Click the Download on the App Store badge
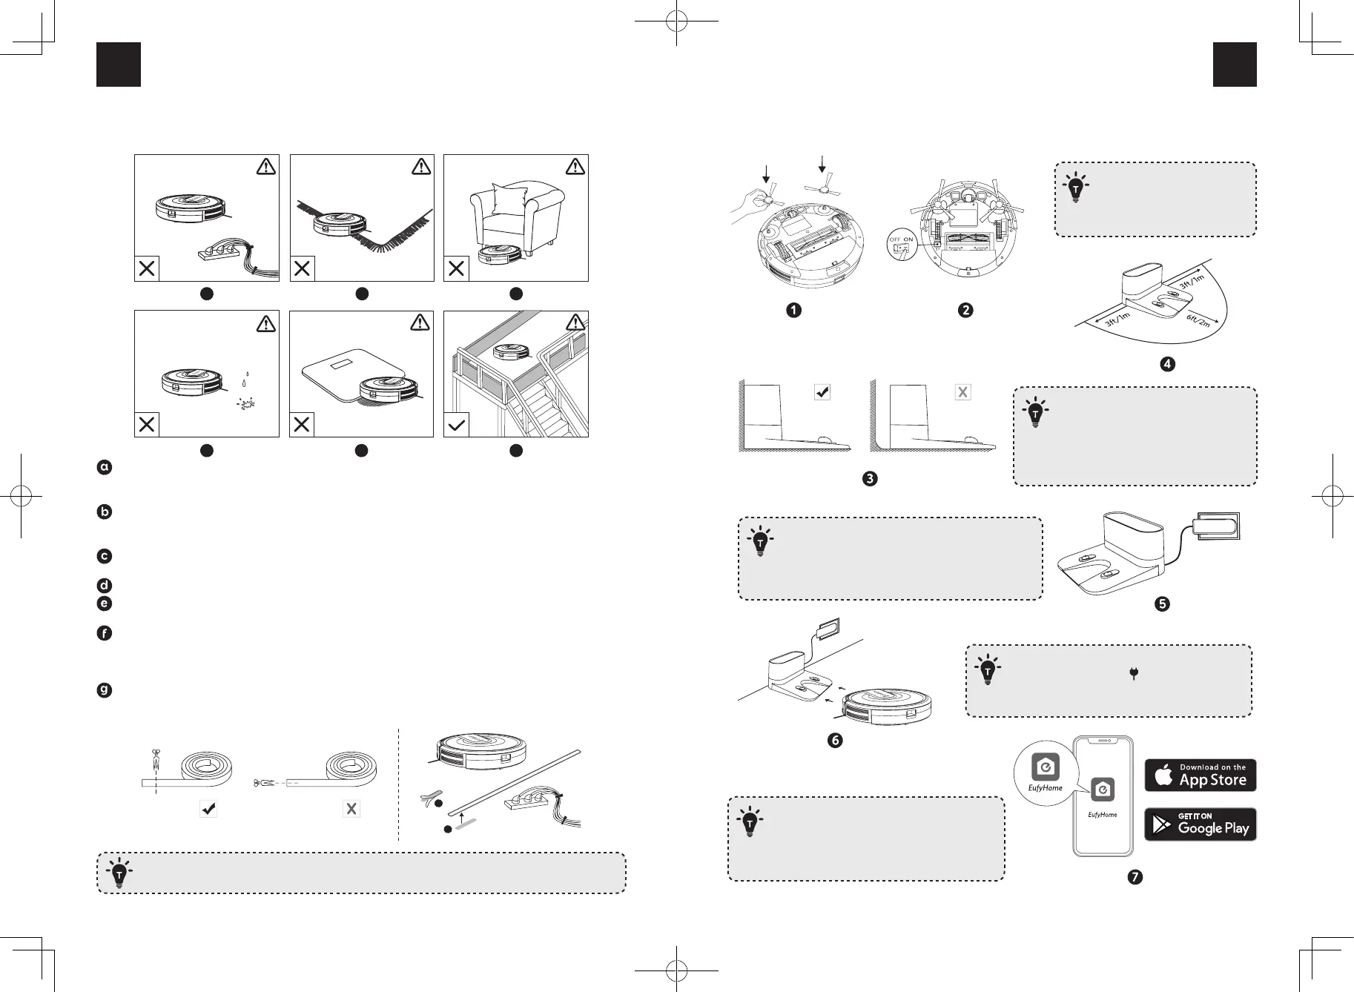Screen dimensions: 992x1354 [x=1200, y=775]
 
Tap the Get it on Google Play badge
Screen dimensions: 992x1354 [x=1200, y=824]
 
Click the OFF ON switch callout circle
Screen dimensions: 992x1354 [x=902, y=245]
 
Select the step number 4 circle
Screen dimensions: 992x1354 [x=1168, y=364]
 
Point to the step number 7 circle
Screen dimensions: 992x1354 [x=1135, y=877]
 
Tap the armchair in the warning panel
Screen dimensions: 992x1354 [x=517, y=211]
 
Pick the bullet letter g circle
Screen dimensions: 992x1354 [x=105, y=690]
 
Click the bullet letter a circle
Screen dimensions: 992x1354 [x=105, y=467]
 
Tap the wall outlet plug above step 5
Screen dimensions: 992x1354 [x=1216, y=526]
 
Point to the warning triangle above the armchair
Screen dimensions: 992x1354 [x=575, y=167]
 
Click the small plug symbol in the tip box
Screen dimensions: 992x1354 [x=1134, y=673]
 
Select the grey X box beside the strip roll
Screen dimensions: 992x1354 [x=351, y=809]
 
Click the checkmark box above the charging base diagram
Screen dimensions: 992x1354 [x=822, y=392]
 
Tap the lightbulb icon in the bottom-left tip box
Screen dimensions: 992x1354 [x=119, y=873]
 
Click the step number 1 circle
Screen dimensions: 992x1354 [x=793, y=310]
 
